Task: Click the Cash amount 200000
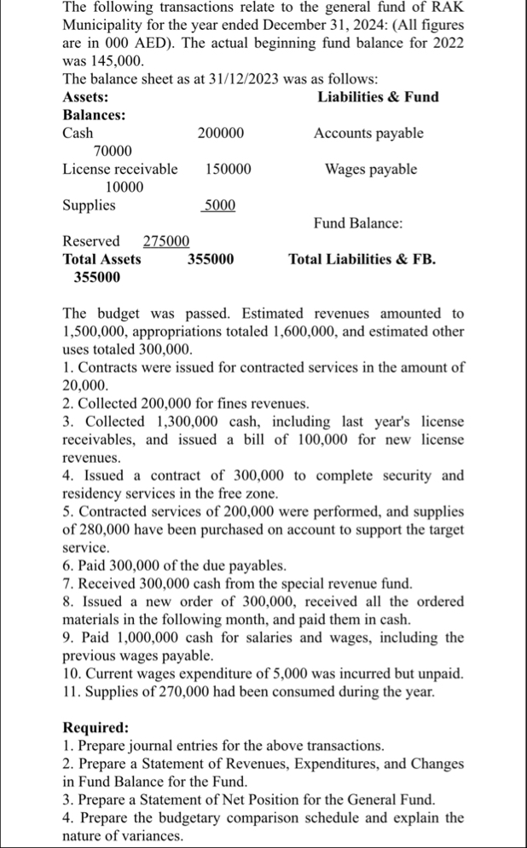[x=221, y=133]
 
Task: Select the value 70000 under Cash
[x=113, y=151]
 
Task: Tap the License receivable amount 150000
[x=229, y=169]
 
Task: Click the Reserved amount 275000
[x=166, y=240]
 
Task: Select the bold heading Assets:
[x=86, y=97]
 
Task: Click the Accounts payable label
[x=368, y=133]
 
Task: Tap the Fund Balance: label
[x=358, y=222]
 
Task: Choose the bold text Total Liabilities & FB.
[x=362, y=258]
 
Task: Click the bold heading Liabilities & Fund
[x=378, y=97]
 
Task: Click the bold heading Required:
[x=96, y=727]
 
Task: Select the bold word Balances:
[x=94, y=115]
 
